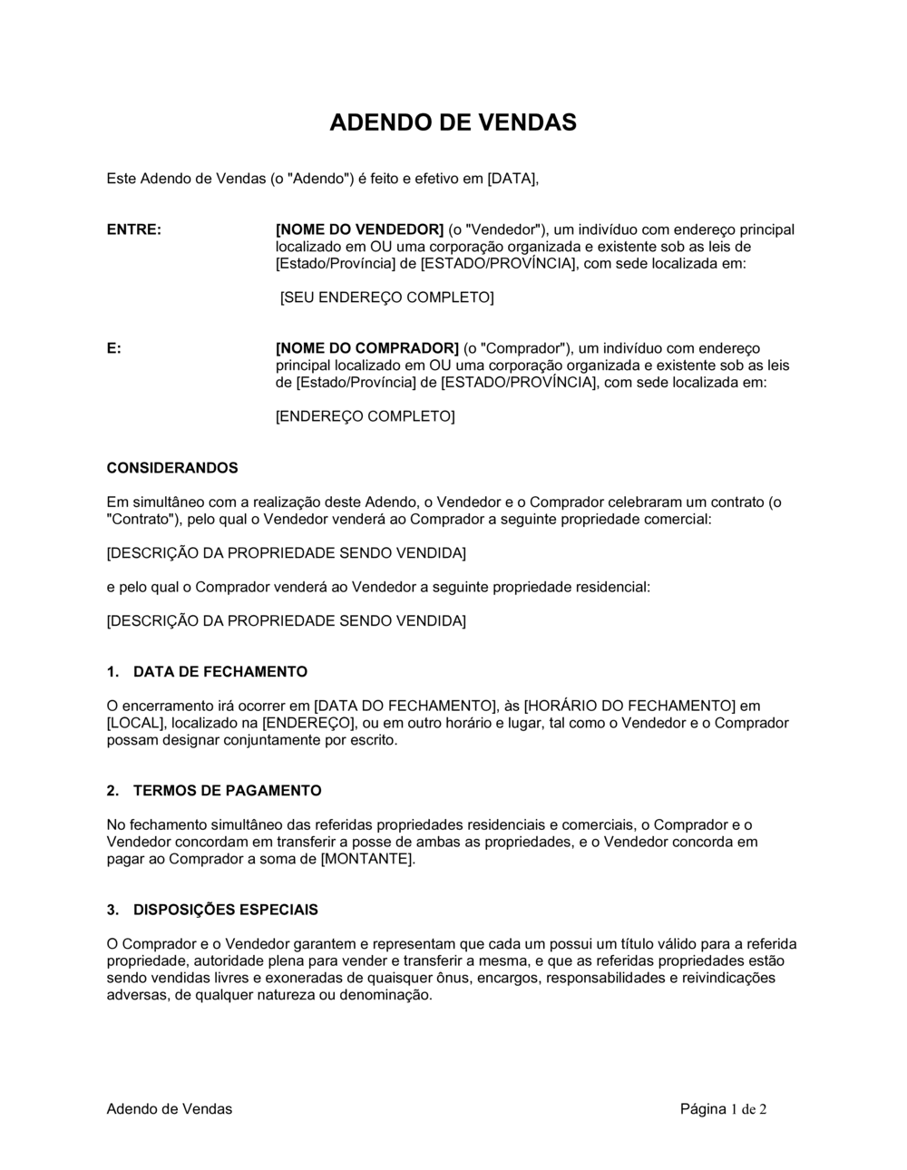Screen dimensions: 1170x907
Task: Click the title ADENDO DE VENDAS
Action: tap(453, 122)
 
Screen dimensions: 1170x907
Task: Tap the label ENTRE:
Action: tap(134, 229)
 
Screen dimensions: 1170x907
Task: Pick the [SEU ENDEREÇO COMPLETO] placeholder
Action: tap(387, 297)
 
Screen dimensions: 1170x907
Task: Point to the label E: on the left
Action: tap(114, 348)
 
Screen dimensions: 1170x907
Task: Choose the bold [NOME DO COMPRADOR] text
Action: tap(367, 348)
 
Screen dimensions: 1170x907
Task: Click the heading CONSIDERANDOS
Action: tap(172, 468)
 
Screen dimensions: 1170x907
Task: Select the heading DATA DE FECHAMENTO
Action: tap(220, 672)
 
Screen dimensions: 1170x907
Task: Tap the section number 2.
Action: tap(112, 791)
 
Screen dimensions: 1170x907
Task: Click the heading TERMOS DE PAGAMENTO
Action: tap(228, 791)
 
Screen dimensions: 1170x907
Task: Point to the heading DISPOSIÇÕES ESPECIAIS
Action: tap(226, 910)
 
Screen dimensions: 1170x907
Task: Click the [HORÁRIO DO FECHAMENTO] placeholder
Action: tap(629, 706)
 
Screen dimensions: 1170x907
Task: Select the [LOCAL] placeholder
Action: tap(133, 723)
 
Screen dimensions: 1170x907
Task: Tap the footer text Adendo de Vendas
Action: tap(170, 1108)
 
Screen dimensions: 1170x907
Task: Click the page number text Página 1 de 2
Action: tap(723, 1108)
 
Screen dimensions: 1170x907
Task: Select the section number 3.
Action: tap(112, 910)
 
